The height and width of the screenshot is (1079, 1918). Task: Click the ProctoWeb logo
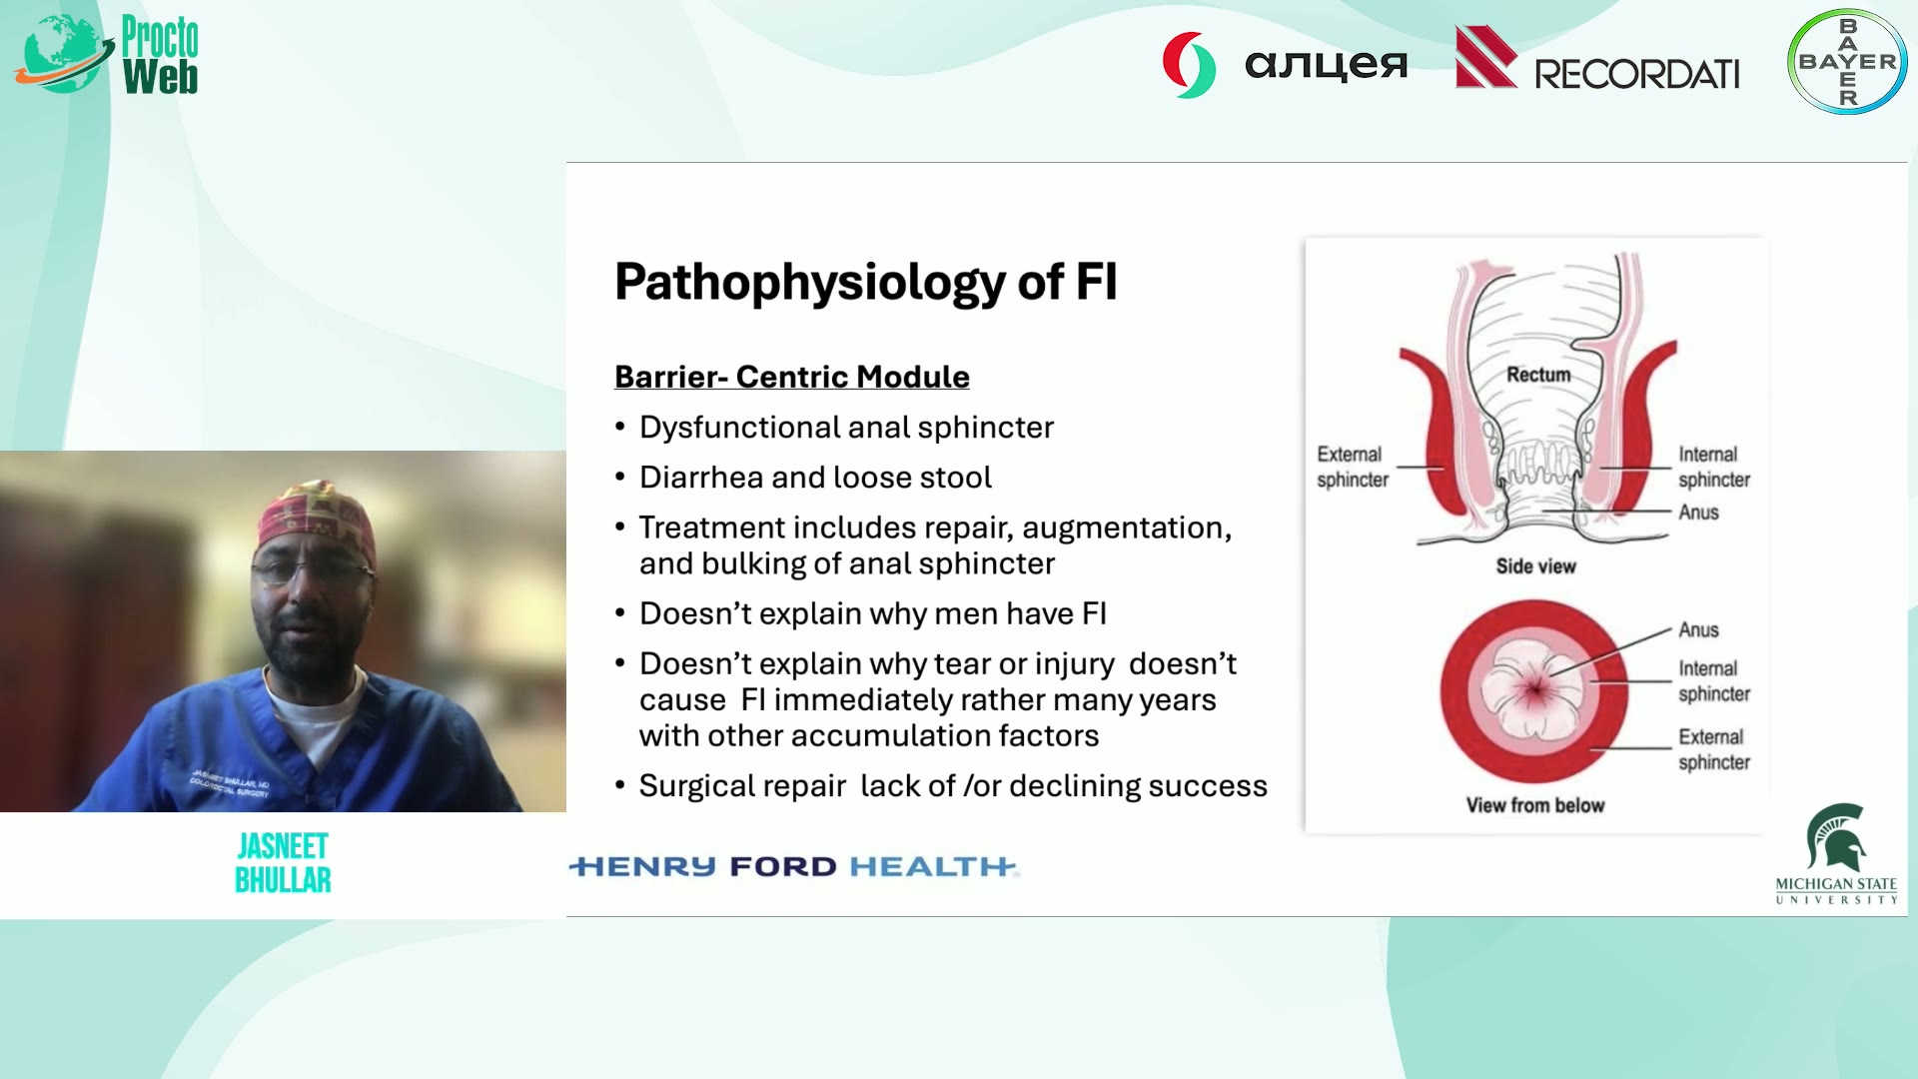(107, 55)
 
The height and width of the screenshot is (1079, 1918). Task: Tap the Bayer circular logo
(1847, 61)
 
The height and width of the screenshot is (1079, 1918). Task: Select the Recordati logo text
(1636, 74)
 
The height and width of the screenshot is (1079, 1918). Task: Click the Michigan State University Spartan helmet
(1836, 837)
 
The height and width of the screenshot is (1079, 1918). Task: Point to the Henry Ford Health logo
(794, 866)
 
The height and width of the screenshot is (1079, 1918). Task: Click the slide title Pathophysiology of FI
(865, 282)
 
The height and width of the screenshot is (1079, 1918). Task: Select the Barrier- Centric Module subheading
(791, 377)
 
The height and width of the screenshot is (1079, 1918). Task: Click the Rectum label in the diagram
(1538, 375)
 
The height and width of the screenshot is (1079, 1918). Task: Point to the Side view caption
(1535, 566)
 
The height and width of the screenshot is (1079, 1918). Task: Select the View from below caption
(1534, 805)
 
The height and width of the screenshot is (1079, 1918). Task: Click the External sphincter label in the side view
(1352, 467)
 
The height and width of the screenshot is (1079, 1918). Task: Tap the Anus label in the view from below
(1698, 630)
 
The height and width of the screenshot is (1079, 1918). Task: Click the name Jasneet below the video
(283, 847)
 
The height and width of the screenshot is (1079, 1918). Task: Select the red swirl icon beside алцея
(1189, 65)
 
